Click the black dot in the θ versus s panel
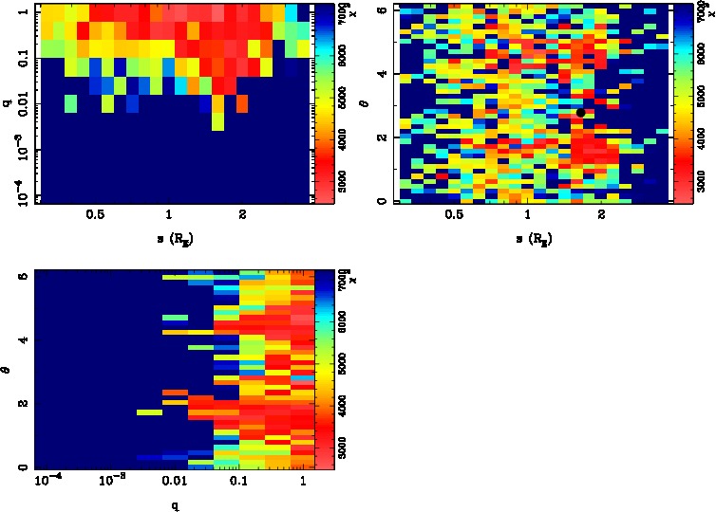pyautogui.click(x=580, y=113)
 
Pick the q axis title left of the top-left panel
pyautogui.click(x=8, y=102)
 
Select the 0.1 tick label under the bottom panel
pyautogui.click(x=238, y=481)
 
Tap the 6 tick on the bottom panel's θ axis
pyautogui.click(x=23, y=276)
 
